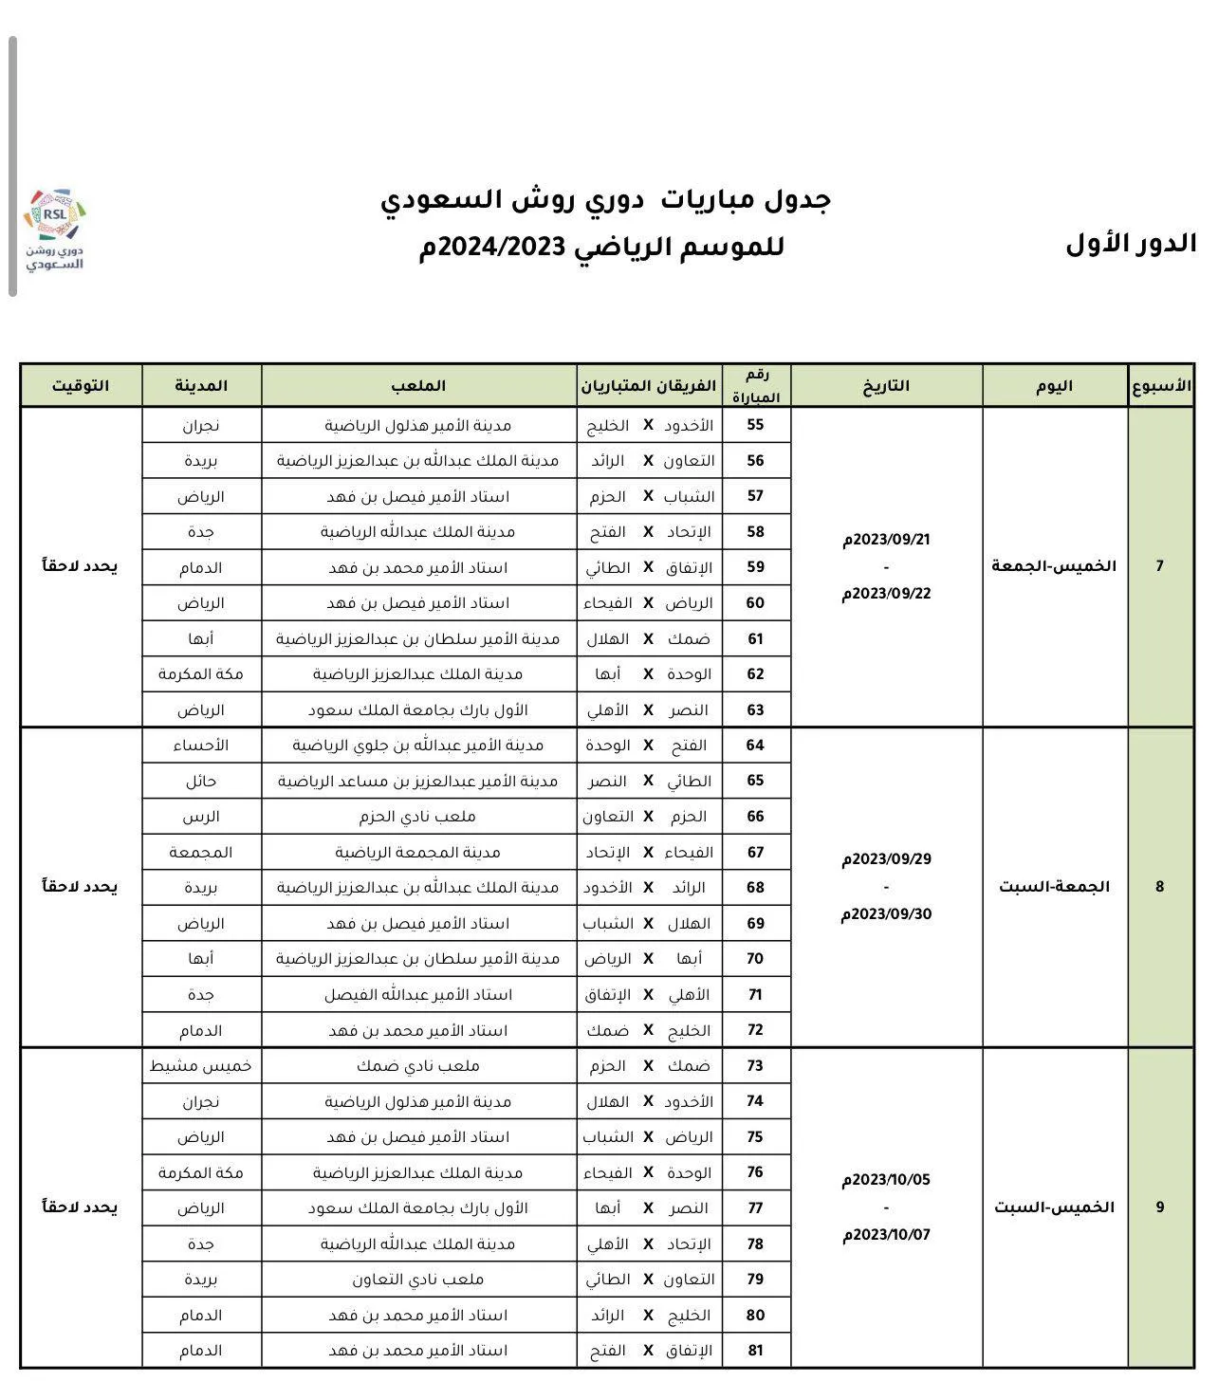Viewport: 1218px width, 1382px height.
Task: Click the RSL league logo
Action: point(55,230)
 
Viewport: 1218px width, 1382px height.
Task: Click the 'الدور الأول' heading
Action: point(1130,244)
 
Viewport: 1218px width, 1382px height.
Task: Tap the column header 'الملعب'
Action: point(418,385)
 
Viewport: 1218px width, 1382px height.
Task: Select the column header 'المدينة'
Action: point(201,385)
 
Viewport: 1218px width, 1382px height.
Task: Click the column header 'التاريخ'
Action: point(886,385)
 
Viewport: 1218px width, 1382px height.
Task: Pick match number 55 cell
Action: point(755,425)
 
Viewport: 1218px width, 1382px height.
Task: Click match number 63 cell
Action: point(755,709)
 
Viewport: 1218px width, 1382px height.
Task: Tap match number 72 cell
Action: point(755,1030)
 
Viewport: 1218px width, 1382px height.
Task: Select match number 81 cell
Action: point(755,1351)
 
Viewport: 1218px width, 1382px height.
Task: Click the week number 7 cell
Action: point(1159,566)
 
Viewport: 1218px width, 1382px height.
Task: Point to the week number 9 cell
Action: point(1159,1207)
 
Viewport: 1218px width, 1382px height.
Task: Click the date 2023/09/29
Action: point(886,859)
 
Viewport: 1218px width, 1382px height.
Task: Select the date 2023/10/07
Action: point(886,1235)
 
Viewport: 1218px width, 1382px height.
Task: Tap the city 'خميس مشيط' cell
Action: point(201,1066)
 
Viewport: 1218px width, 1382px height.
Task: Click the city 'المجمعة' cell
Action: point(201,852)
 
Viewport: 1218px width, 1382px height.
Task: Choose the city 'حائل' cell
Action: point(201,781)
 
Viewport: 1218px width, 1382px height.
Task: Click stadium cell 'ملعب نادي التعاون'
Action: point(418,1280)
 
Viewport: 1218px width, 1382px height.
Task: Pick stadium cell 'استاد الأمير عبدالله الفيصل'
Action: point(418,995)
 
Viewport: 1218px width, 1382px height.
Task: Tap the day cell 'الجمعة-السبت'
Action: point(1054,887)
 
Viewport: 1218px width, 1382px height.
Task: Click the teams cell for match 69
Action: point(649,923)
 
